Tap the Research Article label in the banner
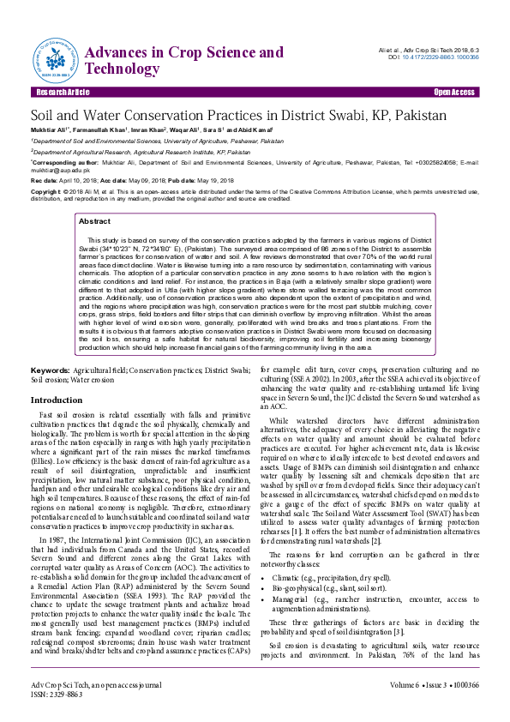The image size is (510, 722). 62,92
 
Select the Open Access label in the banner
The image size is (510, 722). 453,92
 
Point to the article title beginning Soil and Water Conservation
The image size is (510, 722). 238,114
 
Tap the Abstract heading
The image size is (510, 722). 94,221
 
